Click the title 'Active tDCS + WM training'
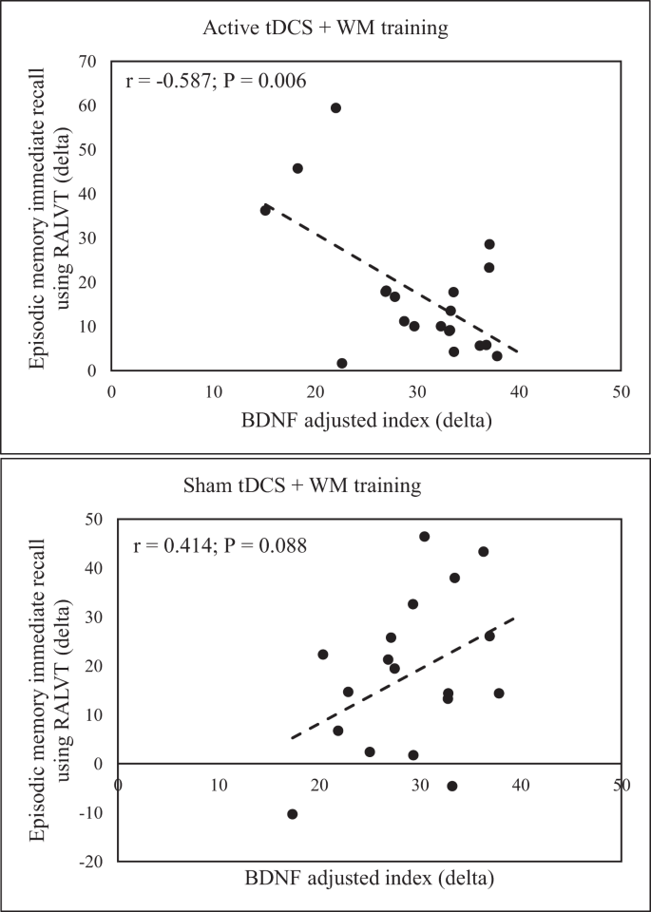pyautogui.click(x=325, y=28)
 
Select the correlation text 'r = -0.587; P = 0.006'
pyautogui.click(x=216, y=81)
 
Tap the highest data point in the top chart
pyautogui.click(x=335, y=107)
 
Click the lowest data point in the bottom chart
pyautogui.click(x=292, y=813)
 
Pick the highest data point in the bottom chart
pyautogui.click(x=424, y=536)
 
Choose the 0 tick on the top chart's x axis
pyautogui.click(x=111, y=389)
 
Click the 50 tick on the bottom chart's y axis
pyautogui.click(x=95, y=519)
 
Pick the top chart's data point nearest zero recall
pyautogui.click(x=342, y=363)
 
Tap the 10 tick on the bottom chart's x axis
pyautogui.click(x=219, y=787)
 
